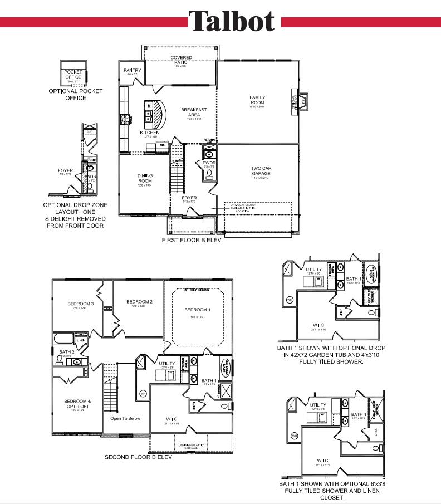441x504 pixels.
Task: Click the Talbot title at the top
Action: [x=231, y=21]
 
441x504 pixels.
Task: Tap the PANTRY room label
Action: [x=132, y=71]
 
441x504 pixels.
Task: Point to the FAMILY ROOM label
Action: [x=257, y=100]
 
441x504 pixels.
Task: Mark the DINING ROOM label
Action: [x=145, y=178]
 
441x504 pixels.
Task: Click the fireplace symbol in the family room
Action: [x=302, y=101]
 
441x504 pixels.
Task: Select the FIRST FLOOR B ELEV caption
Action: [x=192, y=240]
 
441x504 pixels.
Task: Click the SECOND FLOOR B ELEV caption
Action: [x=138, y=457]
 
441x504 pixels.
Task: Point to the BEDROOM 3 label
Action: [x=81, y=304]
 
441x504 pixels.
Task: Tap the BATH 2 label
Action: [x=66, y=352]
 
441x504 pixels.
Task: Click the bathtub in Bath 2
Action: [x=62, y=339]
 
